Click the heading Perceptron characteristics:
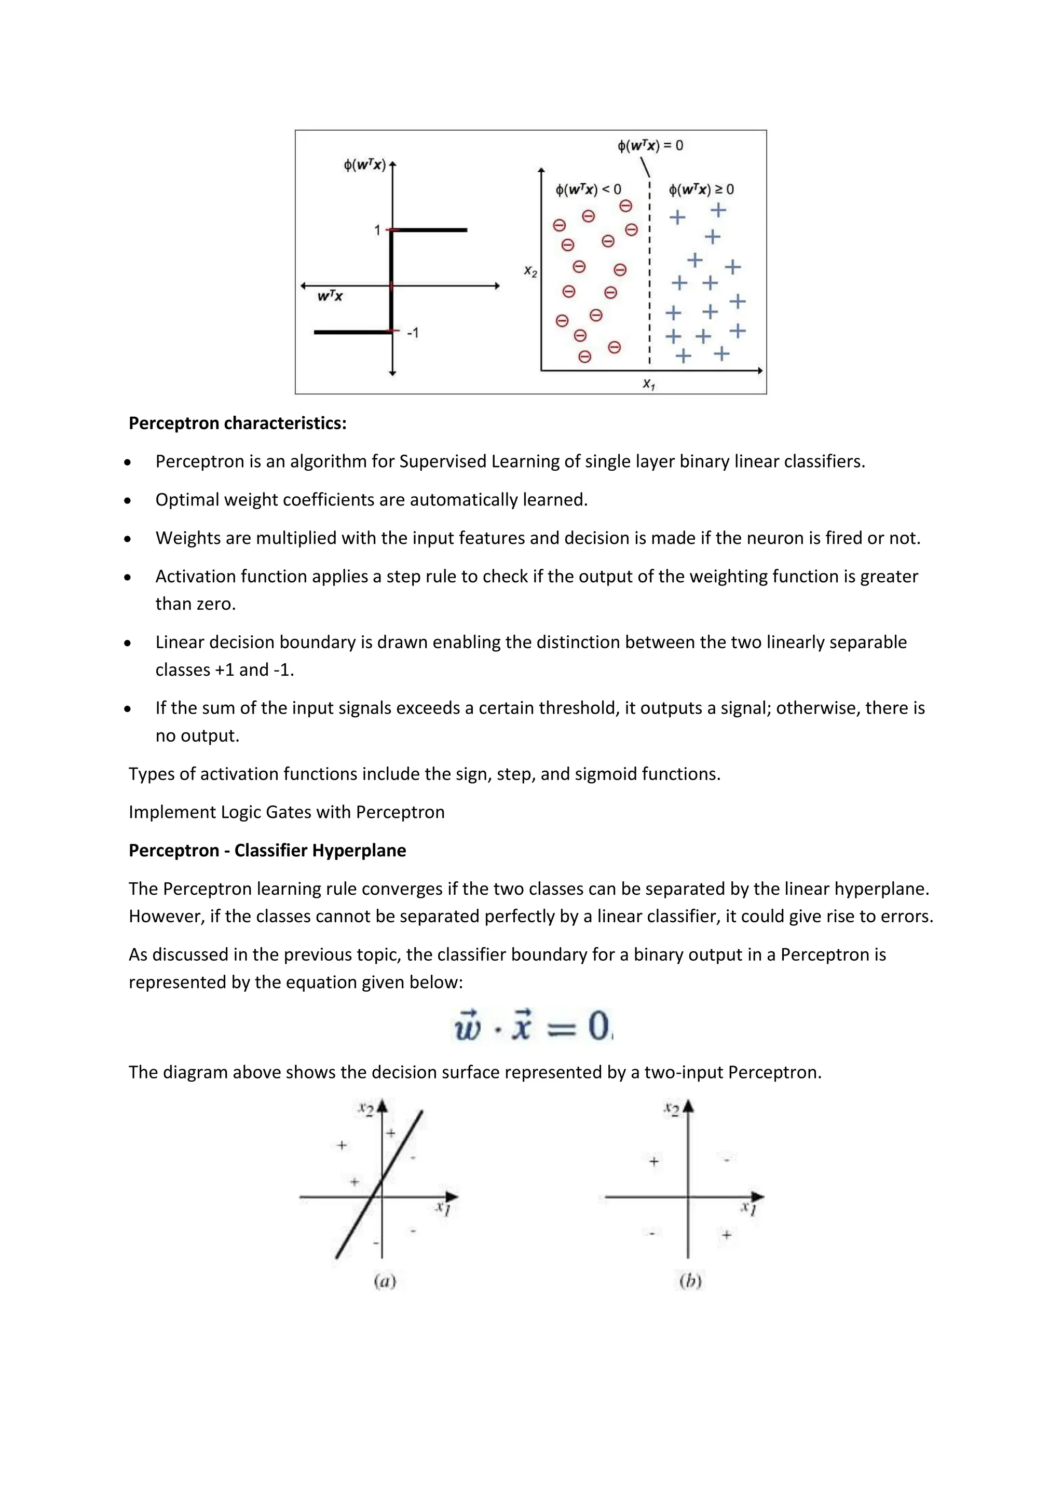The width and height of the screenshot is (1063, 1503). (237, 423)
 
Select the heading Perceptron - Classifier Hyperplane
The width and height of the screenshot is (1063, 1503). (267, 850)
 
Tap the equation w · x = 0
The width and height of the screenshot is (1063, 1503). (533, 1026)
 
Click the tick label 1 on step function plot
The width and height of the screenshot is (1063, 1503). (377, 230)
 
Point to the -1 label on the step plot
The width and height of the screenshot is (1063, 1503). (412, 333)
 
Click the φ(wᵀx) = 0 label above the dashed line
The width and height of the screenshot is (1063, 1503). (650, 145)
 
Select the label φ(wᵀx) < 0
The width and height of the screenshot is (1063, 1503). (588, 190)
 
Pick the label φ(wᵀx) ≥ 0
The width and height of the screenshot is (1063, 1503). (701, 190)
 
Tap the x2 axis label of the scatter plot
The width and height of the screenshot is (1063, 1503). (530, 271)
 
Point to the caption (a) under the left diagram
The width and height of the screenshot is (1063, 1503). (385, 1280)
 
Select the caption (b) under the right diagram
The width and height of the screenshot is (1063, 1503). (690, 1280)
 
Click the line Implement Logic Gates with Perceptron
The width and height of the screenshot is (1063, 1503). (286, 812)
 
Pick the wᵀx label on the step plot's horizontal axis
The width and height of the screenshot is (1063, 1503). (330, 296)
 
